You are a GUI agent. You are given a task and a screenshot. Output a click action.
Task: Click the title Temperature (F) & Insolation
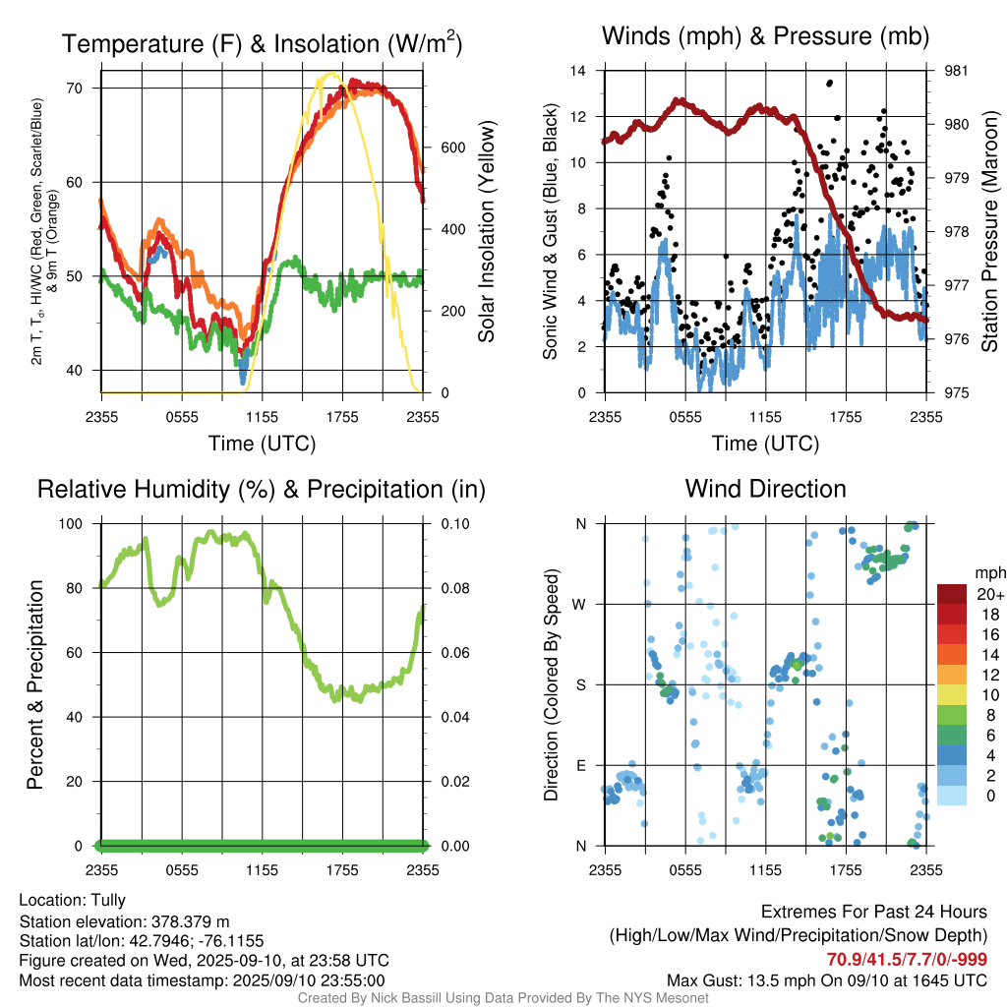coord(262,44)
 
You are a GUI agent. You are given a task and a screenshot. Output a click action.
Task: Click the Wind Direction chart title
coord(765,489)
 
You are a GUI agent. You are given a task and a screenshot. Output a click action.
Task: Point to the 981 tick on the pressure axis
coord(957,71)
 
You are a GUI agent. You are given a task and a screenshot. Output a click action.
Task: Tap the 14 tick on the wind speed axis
coord(579,71)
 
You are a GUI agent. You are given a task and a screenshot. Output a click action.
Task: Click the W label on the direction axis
coord(580,604)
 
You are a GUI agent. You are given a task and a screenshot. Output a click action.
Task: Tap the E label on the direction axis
coord(580,765)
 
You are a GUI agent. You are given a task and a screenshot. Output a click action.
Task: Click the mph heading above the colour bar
coord(988,572)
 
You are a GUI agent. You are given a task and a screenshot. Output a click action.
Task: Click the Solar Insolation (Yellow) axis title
coord(487,232)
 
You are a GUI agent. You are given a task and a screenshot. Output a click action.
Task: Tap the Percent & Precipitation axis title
coord(34,684)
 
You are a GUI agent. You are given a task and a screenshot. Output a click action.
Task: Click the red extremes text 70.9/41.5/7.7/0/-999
coord(907,960)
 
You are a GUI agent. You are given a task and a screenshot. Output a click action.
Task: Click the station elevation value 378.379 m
coord(190,921)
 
